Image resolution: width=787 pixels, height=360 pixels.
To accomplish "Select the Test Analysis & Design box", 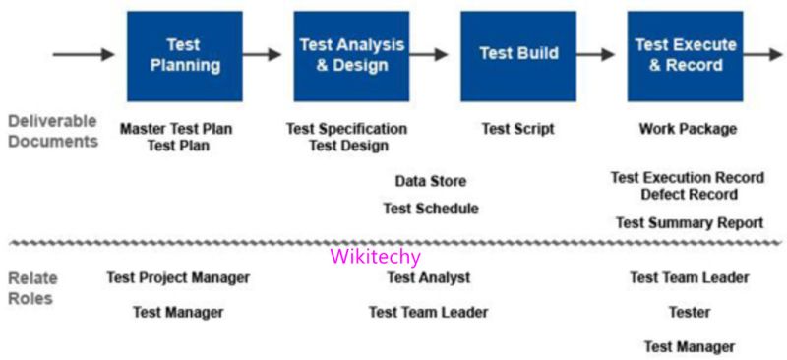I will (x=351, y=55).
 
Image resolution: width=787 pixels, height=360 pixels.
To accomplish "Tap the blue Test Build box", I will (x=518, y=55).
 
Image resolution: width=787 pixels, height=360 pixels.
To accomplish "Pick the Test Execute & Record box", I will (x=685, y=55).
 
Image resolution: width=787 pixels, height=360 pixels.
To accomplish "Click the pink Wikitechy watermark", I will (x=375, y=257).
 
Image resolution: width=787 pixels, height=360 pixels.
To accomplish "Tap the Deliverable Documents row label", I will (x=52, y=131).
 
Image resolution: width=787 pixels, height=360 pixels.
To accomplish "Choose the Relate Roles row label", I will (x=31, y=288).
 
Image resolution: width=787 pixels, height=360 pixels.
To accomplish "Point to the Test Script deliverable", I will (x=517, y=129).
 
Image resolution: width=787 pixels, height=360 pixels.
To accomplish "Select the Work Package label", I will (x=687, y=129).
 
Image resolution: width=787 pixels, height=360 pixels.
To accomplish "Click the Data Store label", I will (x=430, y=182).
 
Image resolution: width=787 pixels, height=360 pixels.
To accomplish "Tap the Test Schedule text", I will (x=430, y=209).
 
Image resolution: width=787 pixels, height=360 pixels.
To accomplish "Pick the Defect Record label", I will (x=689, y=195).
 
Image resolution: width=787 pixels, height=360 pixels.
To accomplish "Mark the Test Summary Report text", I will (x=689, y=223).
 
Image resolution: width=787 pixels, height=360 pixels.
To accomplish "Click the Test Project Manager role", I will (x=178, y=278).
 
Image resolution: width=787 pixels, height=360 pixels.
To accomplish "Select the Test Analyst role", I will (x=428, y=278).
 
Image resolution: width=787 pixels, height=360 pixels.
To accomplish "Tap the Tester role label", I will (x=689, y=313).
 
